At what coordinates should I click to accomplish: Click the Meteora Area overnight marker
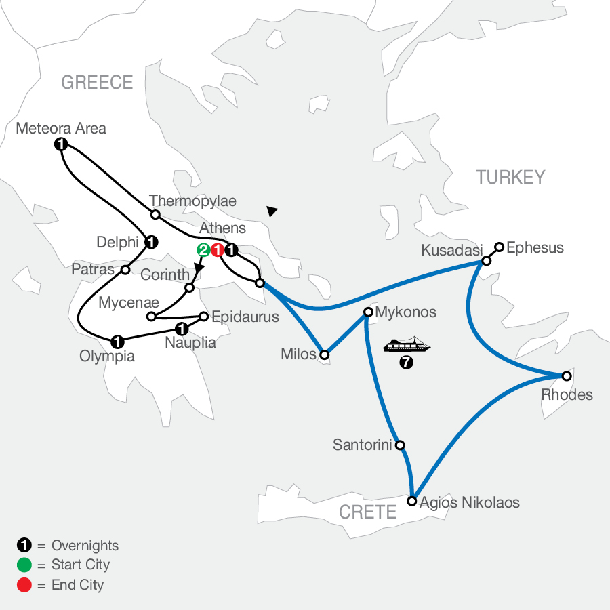pyautogui.click(x=61, y=144)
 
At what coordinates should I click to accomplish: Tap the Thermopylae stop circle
pyautogui.click(x=155, y=215)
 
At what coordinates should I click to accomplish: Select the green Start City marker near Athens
pyautogui.click(x=203, y=250)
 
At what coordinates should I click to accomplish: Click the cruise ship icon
pyautogui.click(x=407, y=346)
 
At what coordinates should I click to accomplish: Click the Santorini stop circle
pyautogui.click(x=400, y=445)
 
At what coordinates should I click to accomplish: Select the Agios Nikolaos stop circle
pyautogui.click(x=411, y=502)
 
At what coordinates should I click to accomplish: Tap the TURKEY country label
pyautogui.click(x=510, y=178)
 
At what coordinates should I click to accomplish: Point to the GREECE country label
pyautogui.click(x=97, y=83)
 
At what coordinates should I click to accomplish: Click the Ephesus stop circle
pyautogui.click(x=499, y=247)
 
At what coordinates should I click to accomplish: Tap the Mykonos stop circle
pyautogui.click(x=368, y=312)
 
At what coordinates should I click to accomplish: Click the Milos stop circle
pyautogui.click(x=325, y=354)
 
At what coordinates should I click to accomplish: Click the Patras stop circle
pyautogui.click(x=125, y=270)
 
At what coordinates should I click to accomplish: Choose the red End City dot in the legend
pyautogui.click(x=24, y=585)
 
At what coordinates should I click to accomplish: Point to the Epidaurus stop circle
pyautogui.click(x=203, y=315)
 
